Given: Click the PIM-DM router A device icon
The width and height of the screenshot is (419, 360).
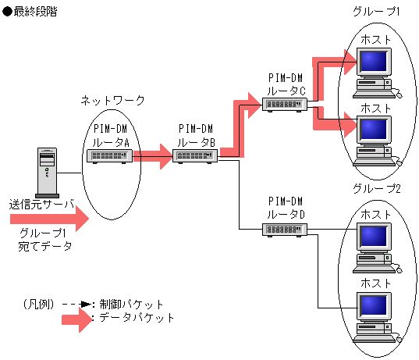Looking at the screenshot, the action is click(x=109, y=156).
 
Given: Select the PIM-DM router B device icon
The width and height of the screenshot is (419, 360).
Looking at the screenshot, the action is click(x=195, y=156).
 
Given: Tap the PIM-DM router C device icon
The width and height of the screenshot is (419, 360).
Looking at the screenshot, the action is click(x=285, y=105).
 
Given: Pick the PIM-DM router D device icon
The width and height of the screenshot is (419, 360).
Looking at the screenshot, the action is click(x=285, y=230).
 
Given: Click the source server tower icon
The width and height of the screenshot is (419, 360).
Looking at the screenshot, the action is click(x=47, y=173).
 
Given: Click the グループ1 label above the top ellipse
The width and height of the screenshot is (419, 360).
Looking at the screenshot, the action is click(x=376, y=12).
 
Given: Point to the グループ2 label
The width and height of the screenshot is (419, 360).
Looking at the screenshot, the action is click(x=377, y=188).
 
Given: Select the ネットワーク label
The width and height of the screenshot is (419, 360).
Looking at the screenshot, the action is click(x=112, y=101).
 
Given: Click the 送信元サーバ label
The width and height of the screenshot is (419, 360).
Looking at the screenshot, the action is click(x=41, y=205).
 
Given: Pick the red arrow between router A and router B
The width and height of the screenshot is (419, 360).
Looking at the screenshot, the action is click(x=153, y=156).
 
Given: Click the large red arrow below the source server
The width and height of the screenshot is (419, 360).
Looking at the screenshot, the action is click(x=49, y=219).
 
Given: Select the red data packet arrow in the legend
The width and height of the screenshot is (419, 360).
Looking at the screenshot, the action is click(x=77, y=319).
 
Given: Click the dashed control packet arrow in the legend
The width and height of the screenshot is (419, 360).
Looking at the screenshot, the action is click(x=77, y=305).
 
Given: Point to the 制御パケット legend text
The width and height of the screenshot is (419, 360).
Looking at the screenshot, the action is click(x=131, y=305).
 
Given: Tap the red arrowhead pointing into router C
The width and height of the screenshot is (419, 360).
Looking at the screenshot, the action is click(x=254, y=105).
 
